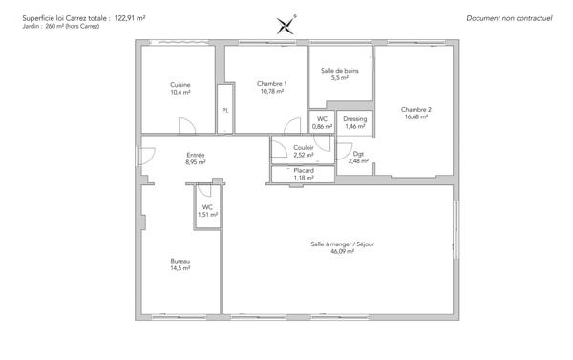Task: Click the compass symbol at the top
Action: coord(285,25)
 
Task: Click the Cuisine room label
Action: coord(180,84)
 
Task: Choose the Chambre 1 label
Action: coord(271,84)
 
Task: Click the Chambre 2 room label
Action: coord(416,109)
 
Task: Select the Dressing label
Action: coord(354,118)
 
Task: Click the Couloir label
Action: coord(304,147)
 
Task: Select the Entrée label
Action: coord(195,155)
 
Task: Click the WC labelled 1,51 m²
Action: coord(207,211)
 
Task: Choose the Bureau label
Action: coord(180,261)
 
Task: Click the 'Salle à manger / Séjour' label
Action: coord(342,244)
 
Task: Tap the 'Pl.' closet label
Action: coord(225,110)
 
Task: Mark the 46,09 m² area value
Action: coord(342,251)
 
